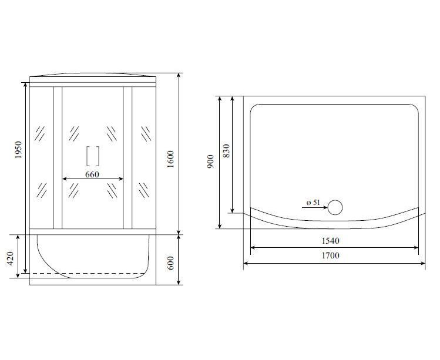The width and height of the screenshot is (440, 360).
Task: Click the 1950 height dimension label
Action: click(x=18, y=150)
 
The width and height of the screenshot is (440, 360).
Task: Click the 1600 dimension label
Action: click(x=170, y=159)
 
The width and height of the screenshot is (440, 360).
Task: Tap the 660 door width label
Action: click(x=92, y=174)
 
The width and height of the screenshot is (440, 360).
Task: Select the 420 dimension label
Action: click(x=11, y=258)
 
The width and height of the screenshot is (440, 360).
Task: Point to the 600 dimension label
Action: click(x=170, y=263)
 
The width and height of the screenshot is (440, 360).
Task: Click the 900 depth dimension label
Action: click(x=210, y=162)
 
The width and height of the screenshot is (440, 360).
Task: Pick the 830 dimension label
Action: click(x=226, y=151)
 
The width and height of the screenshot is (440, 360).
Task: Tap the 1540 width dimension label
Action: click(x=330, y=241)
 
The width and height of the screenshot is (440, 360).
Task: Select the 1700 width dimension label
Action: click(x=330, y=255)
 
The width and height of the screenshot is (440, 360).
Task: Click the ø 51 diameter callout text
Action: click(x=313, y=202)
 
